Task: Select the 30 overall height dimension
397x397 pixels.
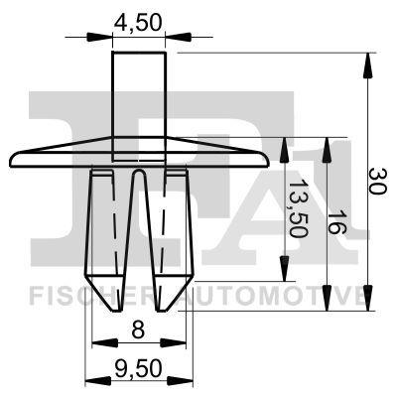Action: click(376, 181)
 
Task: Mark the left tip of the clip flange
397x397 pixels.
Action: click(14, 156)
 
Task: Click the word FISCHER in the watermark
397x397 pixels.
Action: click(84, 295)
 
